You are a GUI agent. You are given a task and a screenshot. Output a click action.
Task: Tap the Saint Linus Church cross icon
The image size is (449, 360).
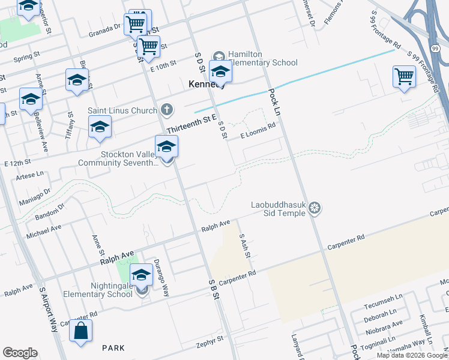click(167, 110)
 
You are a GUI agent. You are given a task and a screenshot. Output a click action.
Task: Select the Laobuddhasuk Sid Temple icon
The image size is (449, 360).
click(315, 209)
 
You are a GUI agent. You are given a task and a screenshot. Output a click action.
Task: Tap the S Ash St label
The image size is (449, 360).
click(244, 246)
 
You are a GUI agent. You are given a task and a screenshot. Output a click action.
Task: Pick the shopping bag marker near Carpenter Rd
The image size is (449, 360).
click(80, 331)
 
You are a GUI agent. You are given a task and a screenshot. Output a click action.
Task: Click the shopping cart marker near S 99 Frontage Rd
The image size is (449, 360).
click(405, 77)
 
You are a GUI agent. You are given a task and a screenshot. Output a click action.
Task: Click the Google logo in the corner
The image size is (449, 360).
click(20, 353)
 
